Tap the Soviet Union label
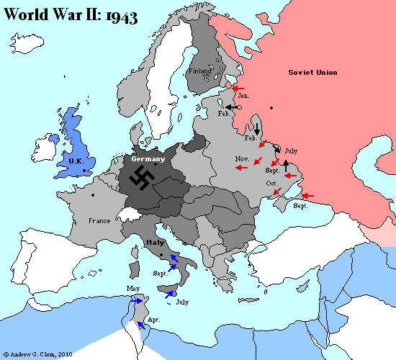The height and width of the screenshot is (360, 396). pyautogui.click(x=312, y=73)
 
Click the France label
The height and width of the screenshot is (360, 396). pyautogui.click(x=99, y=220)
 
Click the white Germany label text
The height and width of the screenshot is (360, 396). pyautogui.click(x=148, y=159)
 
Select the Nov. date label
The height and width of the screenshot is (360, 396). pyautogui.click(x=242, y=158)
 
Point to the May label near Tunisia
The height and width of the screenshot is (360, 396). pyautogui.click(x=132, y=289)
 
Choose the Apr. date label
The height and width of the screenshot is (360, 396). pyautogui.click(x=153, y=318)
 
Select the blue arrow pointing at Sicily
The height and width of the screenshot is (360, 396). pyautogui.click(x=170, y=294)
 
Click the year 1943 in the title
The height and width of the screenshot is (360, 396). pyautogui.click(x=120, y=17)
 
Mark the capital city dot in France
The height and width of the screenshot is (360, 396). pyautogui.click(x=93, y=195)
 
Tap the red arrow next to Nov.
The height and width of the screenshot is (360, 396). pyautogui.click(x=241, y=168)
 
